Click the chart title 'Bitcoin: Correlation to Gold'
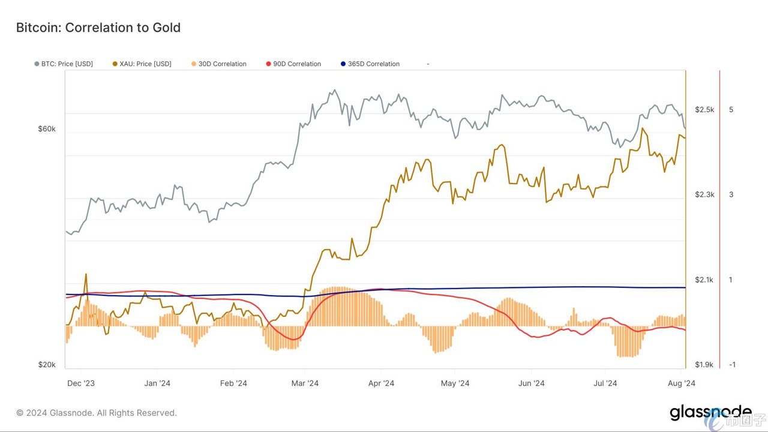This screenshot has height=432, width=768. click(98, 28)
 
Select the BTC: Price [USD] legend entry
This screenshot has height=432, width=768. click(64, 64)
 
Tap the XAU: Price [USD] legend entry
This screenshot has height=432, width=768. click(142, 64)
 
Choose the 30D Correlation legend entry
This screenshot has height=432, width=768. click(219, 64)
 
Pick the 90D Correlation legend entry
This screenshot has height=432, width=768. click(293, 64)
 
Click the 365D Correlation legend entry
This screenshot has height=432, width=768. click(370, 64)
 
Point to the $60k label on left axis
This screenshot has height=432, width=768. click(47, 129)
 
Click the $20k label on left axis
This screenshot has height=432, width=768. click(47, 364)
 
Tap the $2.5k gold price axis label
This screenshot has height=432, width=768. click(704, 110)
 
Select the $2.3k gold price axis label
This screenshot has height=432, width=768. click(704, 195)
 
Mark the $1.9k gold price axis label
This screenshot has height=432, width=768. click(704, 365)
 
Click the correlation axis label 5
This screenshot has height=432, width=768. click(731, 110)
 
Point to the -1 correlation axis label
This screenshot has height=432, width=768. click(732, 365)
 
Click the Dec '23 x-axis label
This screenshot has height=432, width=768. click(81, 383)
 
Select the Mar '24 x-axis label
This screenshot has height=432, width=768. click(305, 383)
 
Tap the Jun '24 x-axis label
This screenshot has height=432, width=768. click(531, 383)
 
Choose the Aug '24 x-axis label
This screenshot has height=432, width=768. click(681, 383)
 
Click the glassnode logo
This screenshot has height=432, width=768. click(710, 413)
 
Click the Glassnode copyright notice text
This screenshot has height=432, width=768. click(97, 413)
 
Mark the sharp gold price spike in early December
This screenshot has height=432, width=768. click(86, 274)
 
